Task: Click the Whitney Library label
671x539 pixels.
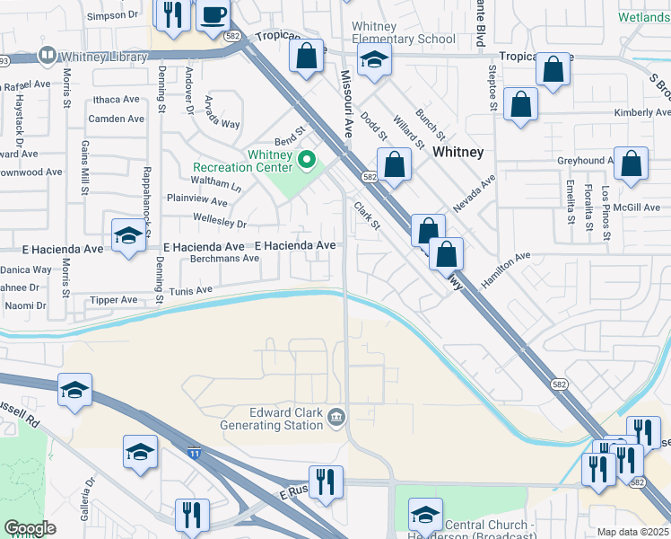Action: coord(104,57)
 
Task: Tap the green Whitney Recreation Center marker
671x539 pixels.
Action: coord(307,161)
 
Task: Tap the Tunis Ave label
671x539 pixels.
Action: coord(192,290)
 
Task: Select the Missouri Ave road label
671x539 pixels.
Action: coord(344,103)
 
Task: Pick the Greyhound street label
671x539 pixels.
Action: coord(582,161)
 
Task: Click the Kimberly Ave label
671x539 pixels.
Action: coord(641,112)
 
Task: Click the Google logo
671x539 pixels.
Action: coord(30,528)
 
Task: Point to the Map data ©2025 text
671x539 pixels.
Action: coord(632,532)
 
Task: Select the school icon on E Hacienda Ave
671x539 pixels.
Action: coord(128,236)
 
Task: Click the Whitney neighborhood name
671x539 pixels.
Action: coord(457,153)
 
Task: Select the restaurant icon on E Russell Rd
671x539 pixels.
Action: coord(325,482)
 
